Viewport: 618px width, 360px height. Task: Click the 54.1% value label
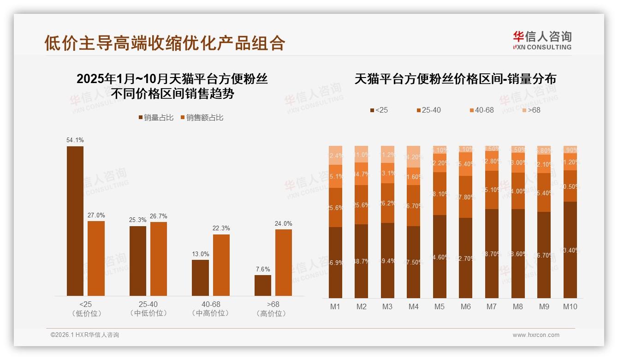tap(75, 140)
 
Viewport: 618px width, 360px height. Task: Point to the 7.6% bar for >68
tap(263, 285)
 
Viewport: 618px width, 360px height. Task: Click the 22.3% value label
tap(221, 228)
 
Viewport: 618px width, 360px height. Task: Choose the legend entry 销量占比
tap(156, 118)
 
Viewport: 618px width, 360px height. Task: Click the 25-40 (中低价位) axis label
tap(148, 309)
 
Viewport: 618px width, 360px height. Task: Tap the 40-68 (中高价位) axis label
tap(211, 309)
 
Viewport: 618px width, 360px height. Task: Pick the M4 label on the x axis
tap(413, 306)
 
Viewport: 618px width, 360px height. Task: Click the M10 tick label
tap(570, 306)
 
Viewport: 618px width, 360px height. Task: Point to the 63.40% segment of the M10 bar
tap(570, 250)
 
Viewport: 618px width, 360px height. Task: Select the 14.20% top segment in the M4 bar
tap(413, 156)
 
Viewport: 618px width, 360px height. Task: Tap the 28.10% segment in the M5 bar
tap(440, 193)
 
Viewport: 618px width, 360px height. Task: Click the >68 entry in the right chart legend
tap(530, 110)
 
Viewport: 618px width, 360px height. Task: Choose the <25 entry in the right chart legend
tap(379, 110)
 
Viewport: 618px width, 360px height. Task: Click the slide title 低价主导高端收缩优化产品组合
tap(165, 43)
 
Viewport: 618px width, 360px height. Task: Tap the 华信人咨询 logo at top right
tap(542, 40)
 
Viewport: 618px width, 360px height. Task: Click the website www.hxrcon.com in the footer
tap(535, 335)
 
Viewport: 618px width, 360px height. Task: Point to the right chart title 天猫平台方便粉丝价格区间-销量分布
tap(455, 79)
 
